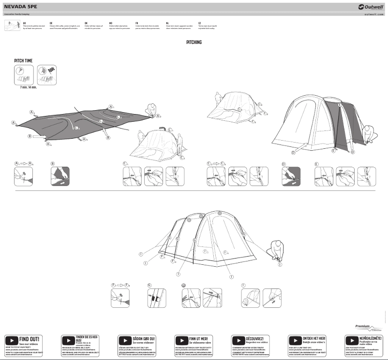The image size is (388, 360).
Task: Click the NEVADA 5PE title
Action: coord(17,7)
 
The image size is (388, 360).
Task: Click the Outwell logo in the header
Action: coord(368,7)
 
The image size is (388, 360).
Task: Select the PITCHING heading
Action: coord(194,43)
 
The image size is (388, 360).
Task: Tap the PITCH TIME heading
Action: coord(24,60)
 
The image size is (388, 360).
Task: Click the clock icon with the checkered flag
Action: coord(46,75)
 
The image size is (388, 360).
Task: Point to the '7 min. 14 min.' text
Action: coord(29,87)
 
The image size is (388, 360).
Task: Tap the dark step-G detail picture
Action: coord(157,298)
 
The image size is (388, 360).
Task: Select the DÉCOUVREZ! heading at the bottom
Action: coord(254,339)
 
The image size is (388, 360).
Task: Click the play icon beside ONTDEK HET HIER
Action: coord(295,340)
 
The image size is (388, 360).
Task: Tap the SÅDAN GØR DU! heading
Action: coord(143,339)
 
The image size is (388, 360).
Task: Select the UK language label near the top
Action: coord(25,23)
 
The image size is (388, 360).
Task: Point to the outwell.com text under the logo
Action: coord(373,14)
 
